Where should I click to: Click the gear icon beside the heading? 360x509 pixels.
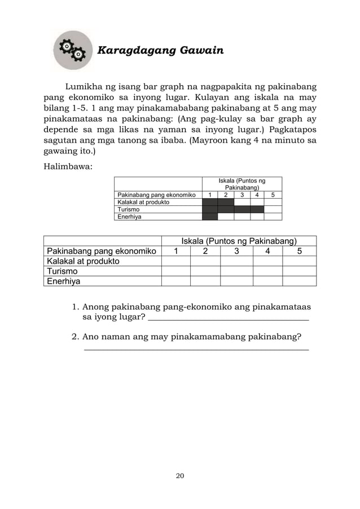click(72, 50)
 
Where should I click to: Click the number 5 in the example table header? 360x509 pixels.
click(273, 195)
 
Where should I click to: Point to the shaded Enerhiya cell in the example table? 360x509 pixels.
click(210, 216)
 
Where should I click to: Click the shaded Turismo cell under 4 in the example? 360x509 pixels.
click(257, 209)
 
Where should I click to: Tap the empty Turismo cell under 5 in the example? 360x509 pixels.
click(273, 209)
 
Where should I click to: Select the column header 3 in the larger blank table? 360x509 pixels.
click(236, 251)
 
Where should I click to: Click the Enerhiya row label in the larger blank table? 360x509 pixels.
click(64, 281)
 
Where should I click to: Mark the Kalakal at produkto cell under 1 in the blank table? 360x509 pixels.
click(175, 261)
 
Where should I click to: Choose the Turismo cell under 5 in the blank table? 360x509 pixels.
click(299, 271)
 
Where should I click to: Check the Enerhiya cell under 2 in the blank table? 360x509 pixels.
click(205, 281)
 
